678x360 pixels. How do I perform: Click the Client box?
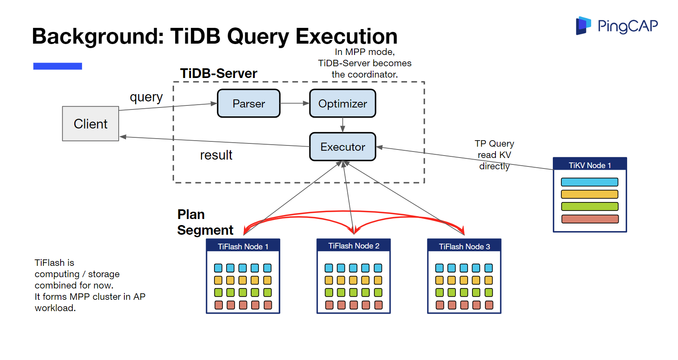point(90,124)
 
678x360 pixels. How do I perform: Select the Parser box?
point(249,103)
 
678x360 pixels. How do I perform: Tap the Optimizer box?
point(342,103)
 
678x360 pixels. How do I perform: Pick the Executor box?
point(342,147)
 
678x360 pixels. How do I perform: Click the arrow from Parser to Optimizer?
point(295,103)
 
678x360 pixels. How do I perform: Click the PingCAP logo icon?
point(583,25)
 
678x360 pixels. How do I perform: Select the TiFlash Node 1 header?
point(243,246)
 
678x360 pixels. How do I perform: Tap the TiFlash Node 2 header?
point(353,246)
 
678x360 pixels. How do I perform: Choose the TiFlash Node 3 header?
point(464,246)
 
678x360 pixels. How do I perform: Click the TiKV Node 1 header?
point(590,165)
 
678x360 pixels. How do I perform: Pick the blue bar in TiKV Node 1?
point(590,182)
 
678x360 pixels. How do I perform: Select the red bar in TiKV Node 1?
point(590,219)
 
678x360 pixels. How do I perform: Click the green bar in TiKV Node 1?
point(590,206)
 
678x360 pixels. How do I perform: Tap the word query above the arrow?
point(146,97)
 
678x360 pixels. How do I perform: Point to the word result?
point(216,155)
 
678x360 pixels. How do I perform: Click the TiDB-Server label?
point(218,74)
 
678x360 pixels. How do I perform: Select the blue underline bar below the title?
point(57,66)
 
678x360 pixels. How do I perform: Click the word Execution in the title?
point(346,36)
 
